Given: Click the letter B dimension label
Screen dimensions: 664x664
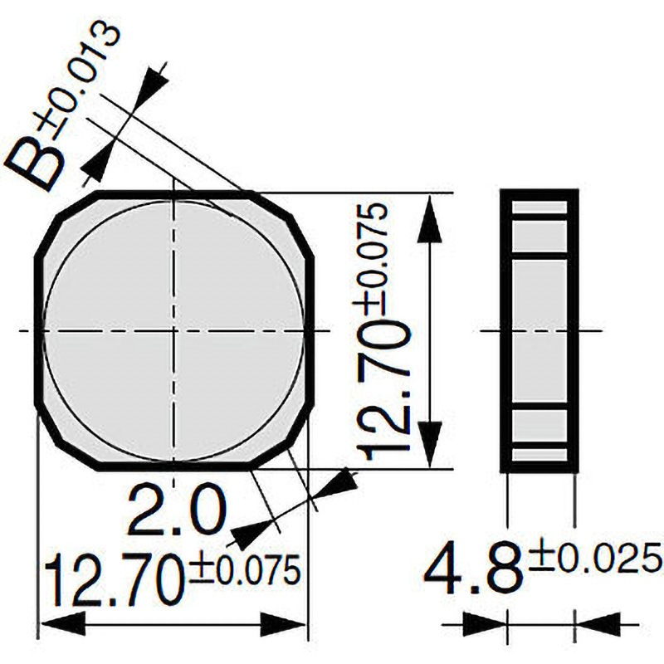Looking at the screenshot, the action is click(36, 163).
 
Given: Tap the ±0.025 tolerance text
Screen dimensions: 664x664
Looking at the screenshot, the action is click(595, 559).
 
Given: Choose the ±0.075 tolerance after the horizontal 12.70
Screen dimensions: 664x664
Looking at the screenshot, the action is click(244, 570).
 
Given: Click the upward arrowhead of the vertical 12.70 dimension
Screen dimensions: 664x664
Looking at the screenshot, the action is click(429, 219).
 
